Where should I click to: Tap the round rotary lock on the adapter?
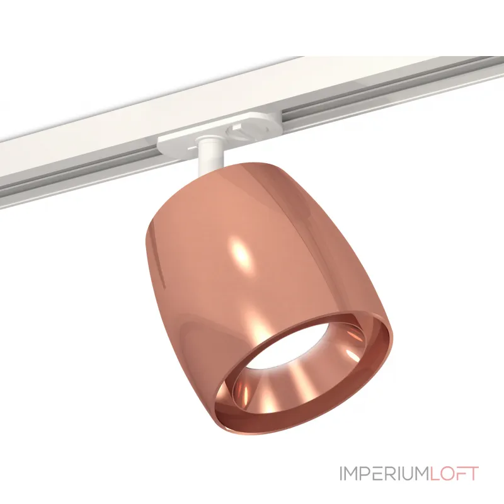[238, 131]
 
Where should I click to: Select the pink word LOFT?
[454, 474]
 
